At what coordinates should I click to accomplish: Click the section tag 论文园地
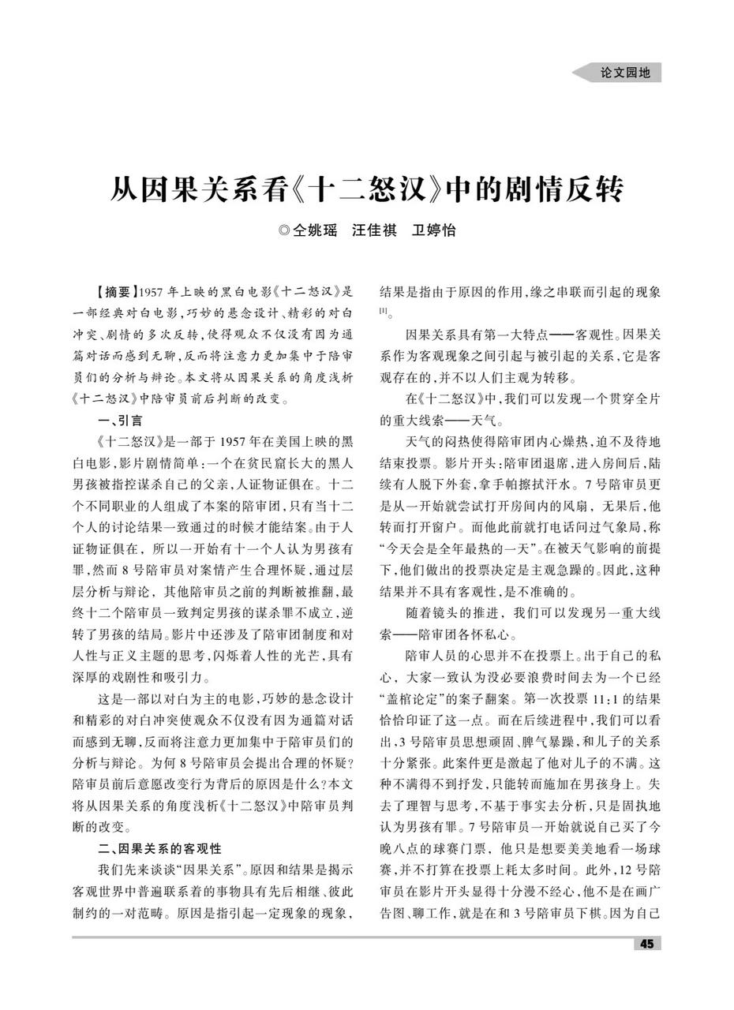[x=625, y=73]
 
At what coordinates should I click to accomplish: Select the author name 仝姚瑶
[x=315, y=231]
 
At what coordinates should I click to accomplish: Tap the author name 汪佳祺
[x=374, y=231]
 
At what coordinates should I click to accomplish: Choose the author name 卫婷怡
[x=434, y=231]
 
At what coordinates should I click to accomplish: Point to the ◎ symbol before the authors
[x=284, y=231]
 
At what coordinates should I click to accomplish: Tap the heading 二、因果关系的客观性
[x=160, y=848]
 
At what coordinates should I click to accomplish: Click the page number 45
[x=647, y=945]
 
